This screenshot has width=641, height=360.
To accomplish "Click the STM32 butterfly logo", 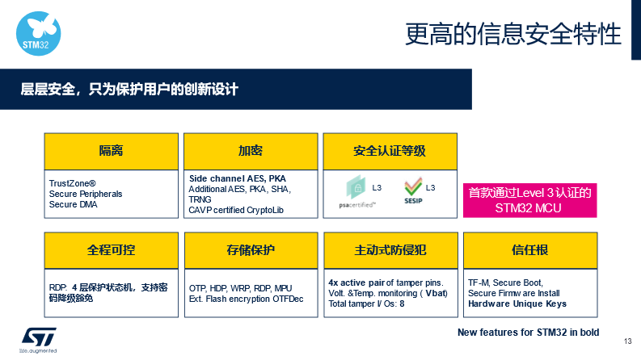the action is pyautogui.click(x=39, y=33).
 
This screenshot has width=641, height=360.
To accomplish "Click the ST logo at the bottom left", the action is pyautogui.click(x=39, y=340).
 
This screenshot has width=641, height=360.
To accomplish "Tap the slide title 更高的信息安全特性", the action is pyautogui.click(x=513, y=34).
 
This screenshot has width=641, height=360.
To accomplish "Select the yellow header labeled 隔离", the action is pyautogui.click(x=112, y=152).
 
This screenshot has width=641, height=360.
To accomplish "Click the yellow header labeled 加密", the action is pyautogui.click(x=251, y=152).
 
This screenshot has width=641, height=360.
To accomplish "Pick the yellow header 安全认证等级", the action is pyautogui.click(x=390, y=152).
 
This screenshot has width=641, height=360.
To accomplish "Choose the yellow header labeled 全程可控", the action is pyautogui.click(x=112, y=250).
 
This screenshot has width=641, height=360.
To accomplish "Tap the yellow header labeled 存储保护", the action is pyautogui.click(x=251, y=250).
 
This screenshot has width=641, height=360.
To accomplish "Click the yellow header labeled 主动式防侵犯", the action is pyautogui.click(x=390, y=250).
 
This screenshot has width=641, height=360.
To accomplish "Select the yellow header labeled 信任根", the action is pyautogui.click(x=530, y=250).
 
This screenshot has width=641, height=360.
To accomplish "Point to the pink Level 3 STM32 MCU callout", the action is pyautogui.click(x=529, y=200).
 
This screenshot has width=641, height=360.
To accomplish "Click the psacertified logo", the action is pyautogui.click(x=357, y=192).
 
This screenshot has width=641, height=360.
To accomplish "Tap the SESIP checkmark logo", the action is pyautogui.click(x=413, y=190).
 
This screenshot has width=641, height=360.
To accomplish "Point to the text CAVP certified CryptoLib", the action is pyautogui.click(x=236, y=210).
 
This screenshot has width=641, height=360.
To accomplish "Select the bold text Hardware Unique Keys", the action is pyautogui.click(x=517, y=304).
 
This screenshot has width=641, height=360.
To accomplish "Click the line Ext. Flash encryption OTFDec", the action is pyautogui.click(x=246, y=299).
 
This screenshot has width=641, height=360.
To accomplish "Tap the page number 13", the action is pyautogui.click(x=628, y=341).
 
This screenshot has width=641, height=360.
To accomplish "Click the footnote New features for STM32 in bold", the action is pyautogui.click(x=528, y=333).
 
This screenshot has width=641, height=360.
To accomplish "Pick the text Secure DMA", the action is pyautogui.click(x=74, y=204).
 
